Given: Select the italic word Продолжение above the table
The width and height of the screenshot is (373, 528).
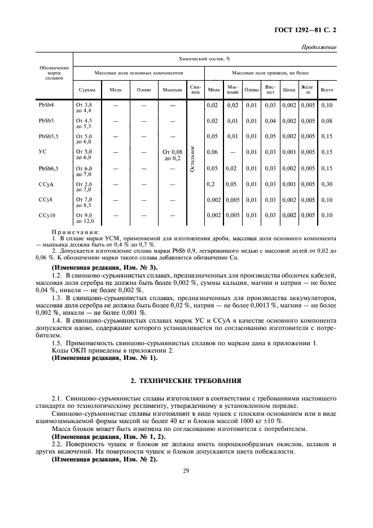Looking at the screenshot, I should (319, 47).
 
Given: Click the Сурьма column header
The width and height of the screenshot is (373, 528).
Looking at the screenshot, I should (86, 90).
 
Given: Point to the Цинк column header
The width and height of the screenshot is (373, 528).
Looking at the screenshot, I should (289, 90).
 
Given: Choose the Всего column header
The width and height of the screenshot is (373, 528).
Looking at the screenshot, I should (326, 90).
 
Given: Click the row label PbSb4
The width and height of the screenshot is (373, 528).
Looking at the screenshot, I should (46, 105).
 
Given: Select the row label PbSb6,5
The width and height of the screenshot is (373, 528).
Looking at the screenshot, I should (48, 168).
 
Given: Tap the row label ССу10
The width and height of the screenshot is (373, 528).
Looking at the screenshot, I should (46, 215).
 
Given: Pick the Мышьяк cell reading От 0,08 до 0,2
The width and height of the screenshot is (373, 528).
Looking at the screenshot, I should (173, 155).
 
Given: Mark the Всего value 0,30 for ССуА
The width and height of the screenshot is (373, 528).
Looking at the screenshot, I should (326, 184).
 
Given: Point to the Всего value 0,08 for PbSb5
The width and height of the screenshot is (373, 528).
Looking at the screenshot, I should (326, 121).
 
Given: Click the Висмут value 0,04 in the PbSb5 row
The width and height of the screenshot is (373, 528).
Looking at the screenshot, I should (270, 121).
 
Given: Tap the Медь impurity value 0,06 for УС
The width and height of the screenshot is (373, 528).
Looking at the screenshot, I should (213, 152).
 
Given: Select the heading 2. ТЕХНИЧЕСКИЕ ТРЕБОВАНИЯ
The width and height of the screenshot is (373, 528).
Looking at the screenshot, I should (186, 380).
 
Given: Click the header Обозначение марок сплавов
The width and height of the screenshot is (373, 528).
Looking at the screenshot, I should (55, 73).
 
